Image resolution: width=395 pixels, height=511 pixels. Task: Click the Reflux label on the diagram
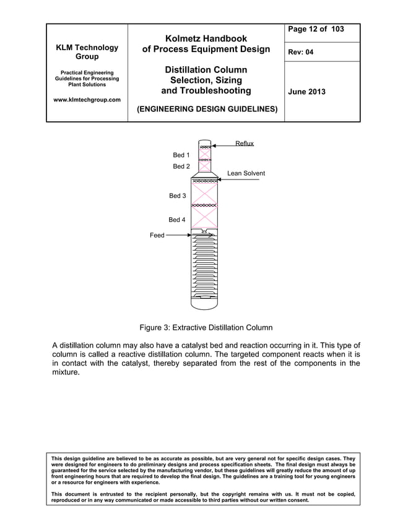244,144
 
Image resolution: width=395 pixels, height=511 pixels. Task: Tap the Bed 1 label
181,155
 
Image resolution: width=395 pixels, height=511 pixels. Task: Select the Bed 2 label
181,166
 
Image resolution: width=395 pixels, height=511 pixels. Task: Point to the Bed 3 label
177,195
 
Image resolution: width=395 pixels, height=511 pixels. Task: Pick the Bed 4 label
177,220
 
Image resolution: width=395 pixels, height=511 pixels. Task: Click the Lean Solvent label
246,173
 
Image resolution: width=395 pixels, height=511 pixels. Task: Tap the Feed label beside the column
157,235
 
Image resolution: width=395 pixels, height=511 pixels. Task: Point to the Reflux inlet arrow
224,147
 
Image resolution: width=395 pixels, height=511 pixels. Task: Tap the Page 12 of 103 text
316,30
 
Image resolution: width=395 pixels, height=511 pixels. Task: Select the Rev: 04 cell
301,52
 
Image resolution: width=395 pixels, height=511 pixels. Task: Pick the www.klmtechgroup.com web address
87,100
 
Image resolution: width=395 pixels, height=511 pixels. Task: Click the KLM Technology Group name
87,52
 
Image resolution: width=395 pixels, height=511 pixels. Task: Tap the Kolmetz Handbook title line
206,38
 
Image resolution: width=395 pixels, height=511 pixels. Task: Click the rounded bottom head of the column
204,303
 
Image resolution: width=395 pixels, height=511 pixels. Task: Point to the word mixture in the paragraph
65,374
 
